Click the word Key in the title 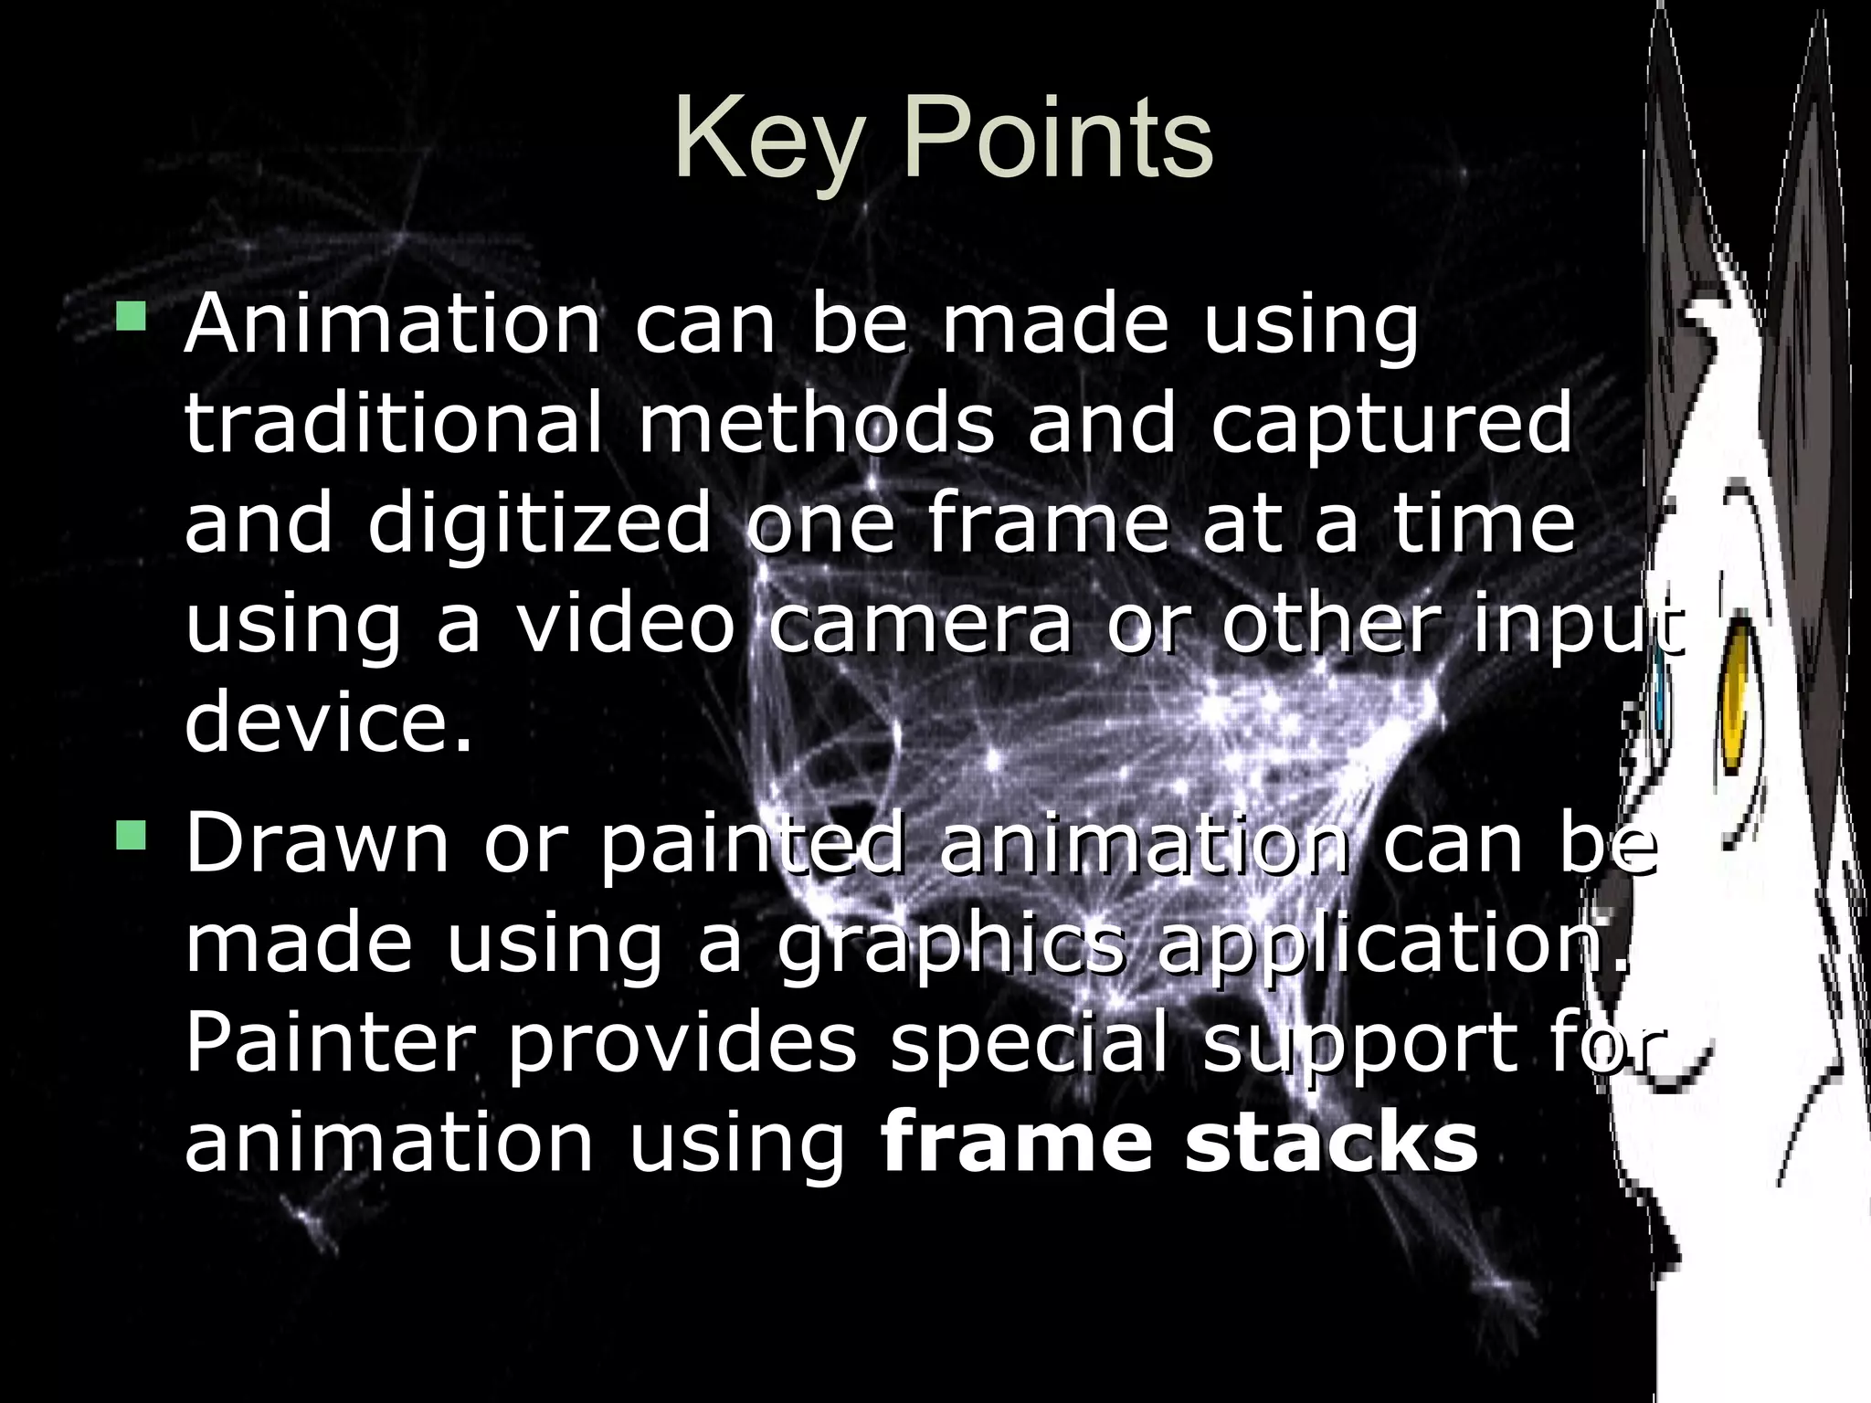(769, 142)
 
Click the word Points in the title (1058, 140)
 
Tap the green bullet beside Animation (131, 317)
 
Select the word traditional (394, 422)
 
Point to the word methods (816, 422)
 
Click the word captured (1391, 422)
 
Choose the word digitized (539, 522)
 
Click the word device (329, 722)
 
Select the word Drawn (317, 842)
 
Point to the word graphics (950, 946)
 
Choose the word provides (682, 1045)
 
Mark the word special (1030, 1045)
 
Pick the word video (626, 623)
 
